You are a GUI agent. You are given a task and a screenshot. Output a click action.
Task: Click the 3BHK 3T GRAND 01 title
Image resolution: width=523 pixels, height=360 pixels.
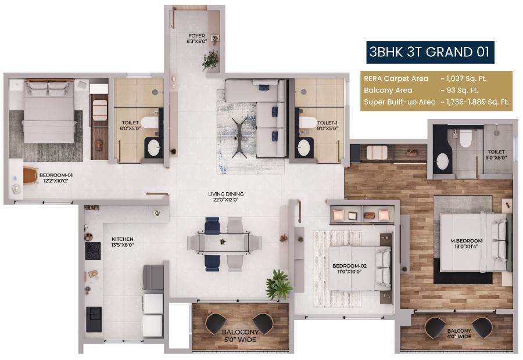coord(431,52)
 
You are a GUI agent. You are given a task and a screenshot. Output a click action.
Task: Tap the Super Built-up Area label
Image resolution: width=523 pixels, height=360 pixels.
coord(399,102)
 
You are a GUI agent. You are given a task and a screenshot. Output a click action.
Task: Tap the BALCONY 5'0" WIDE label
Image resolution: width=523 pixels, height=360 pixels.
coord(240,336)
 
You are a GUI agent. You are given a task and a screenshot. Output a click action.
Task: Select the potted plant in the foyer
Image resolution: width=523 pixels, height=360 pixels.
coord(210,59)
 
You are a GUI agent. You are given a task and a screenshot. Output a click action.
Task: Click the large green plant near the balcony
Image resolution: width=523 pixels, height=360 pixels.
coord(280,285)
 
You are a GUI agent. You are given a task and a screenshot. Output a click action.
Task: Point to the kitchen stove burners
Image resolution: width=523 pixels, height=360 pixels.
coord(93,251)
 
